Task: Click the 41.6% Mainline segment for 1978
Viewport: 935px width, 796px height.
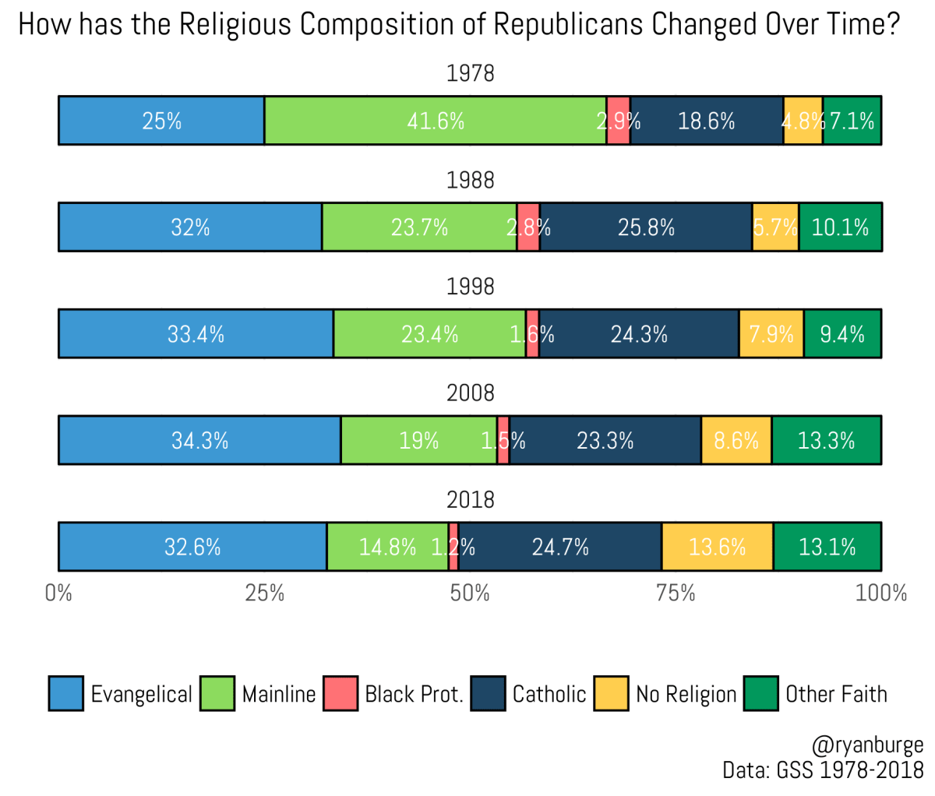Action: [x=435, y=121]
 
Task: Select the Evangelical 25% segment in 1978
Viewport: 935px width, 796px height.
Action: [x=161, y=121]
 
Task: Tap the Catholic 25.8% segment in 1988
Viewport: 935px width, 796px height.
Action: [x=645, y=227]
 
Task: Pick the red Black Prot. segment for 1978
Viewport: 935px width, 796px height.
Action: [x=618, y=121]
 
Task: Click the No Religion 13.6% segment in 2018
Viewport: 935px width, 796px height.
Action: [x=717, y=547]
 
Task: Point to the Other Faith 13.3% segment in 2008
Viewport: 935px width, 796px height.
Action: [x=826, y=440]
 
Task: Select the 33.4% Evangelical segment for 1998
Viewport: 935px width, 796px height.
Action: [x=196, y=334]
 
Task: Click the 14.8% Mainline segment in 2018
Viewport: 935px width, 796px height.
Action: [x=387, y=547]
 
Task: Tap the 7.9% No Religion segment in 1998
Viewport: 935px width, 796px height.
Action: [x=771, y=334]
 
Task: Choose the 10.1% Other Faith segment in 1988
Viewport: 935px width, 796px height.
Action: [x=840, y=227]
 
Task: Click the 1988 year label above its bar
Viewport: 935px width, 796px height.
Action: [x=470, y=180]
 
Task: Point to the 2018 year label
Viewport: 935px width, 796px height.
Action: [x=470, y=499]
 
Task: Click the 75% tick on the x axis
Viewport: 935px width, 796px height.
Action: [x=676, y=593]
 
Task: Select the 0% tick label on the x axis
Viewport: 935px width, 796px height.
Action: [x=58, y=593]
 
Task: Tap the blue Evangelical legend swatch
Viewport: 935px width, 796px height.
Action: [x=65, y=693]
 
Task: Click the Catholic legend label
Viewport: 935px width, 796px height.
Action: [x=549, y=694]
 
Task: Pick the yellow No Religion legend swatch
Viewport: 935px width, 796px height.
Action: [x=610, y=693]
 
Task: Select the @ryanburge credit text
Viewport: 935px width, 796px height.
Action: [x=866, y=746]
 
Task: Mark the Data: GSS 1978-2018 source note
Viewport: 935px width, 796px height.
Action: [x=822, y=770]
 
